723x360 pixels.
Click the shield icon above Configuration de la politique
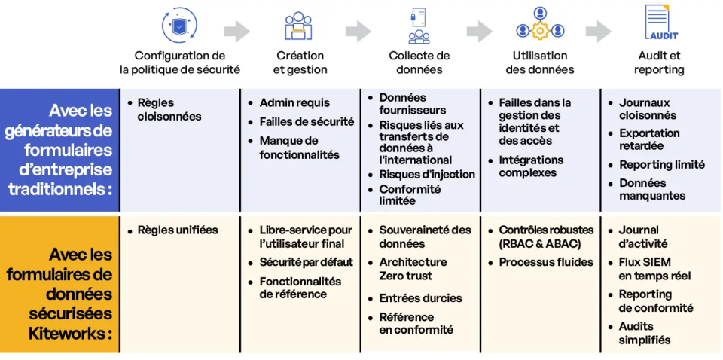[179, 24]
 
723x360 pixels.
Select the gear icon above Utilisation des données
[539, 30]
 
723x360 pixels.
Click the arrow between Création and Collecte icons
[358, 31]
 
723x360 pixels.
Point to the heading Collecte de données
[419, 63]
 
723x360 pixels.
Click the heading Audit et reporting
[659, 63]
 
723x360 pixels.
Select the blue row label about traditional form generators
[60, 150]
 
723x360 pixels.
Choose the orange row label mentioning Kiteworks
[60, 284]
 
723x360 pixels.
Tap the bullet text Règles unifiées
[178, 230]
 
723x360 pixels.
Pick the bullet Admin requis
[294, 102]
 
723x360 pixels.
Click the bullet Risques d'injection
[427, 174]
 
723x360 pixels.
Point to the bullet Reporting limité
[661, 164]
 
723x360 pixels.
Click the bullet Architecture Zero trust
[413, 269]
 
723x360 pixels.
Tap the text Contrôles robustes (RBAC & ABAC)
[546, 236]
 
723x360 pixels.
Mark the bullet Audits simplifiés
[645, 333]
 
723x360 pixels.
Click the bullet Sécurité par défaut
[306, 262]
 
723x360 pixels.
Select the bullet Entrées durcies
[420, 297]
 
